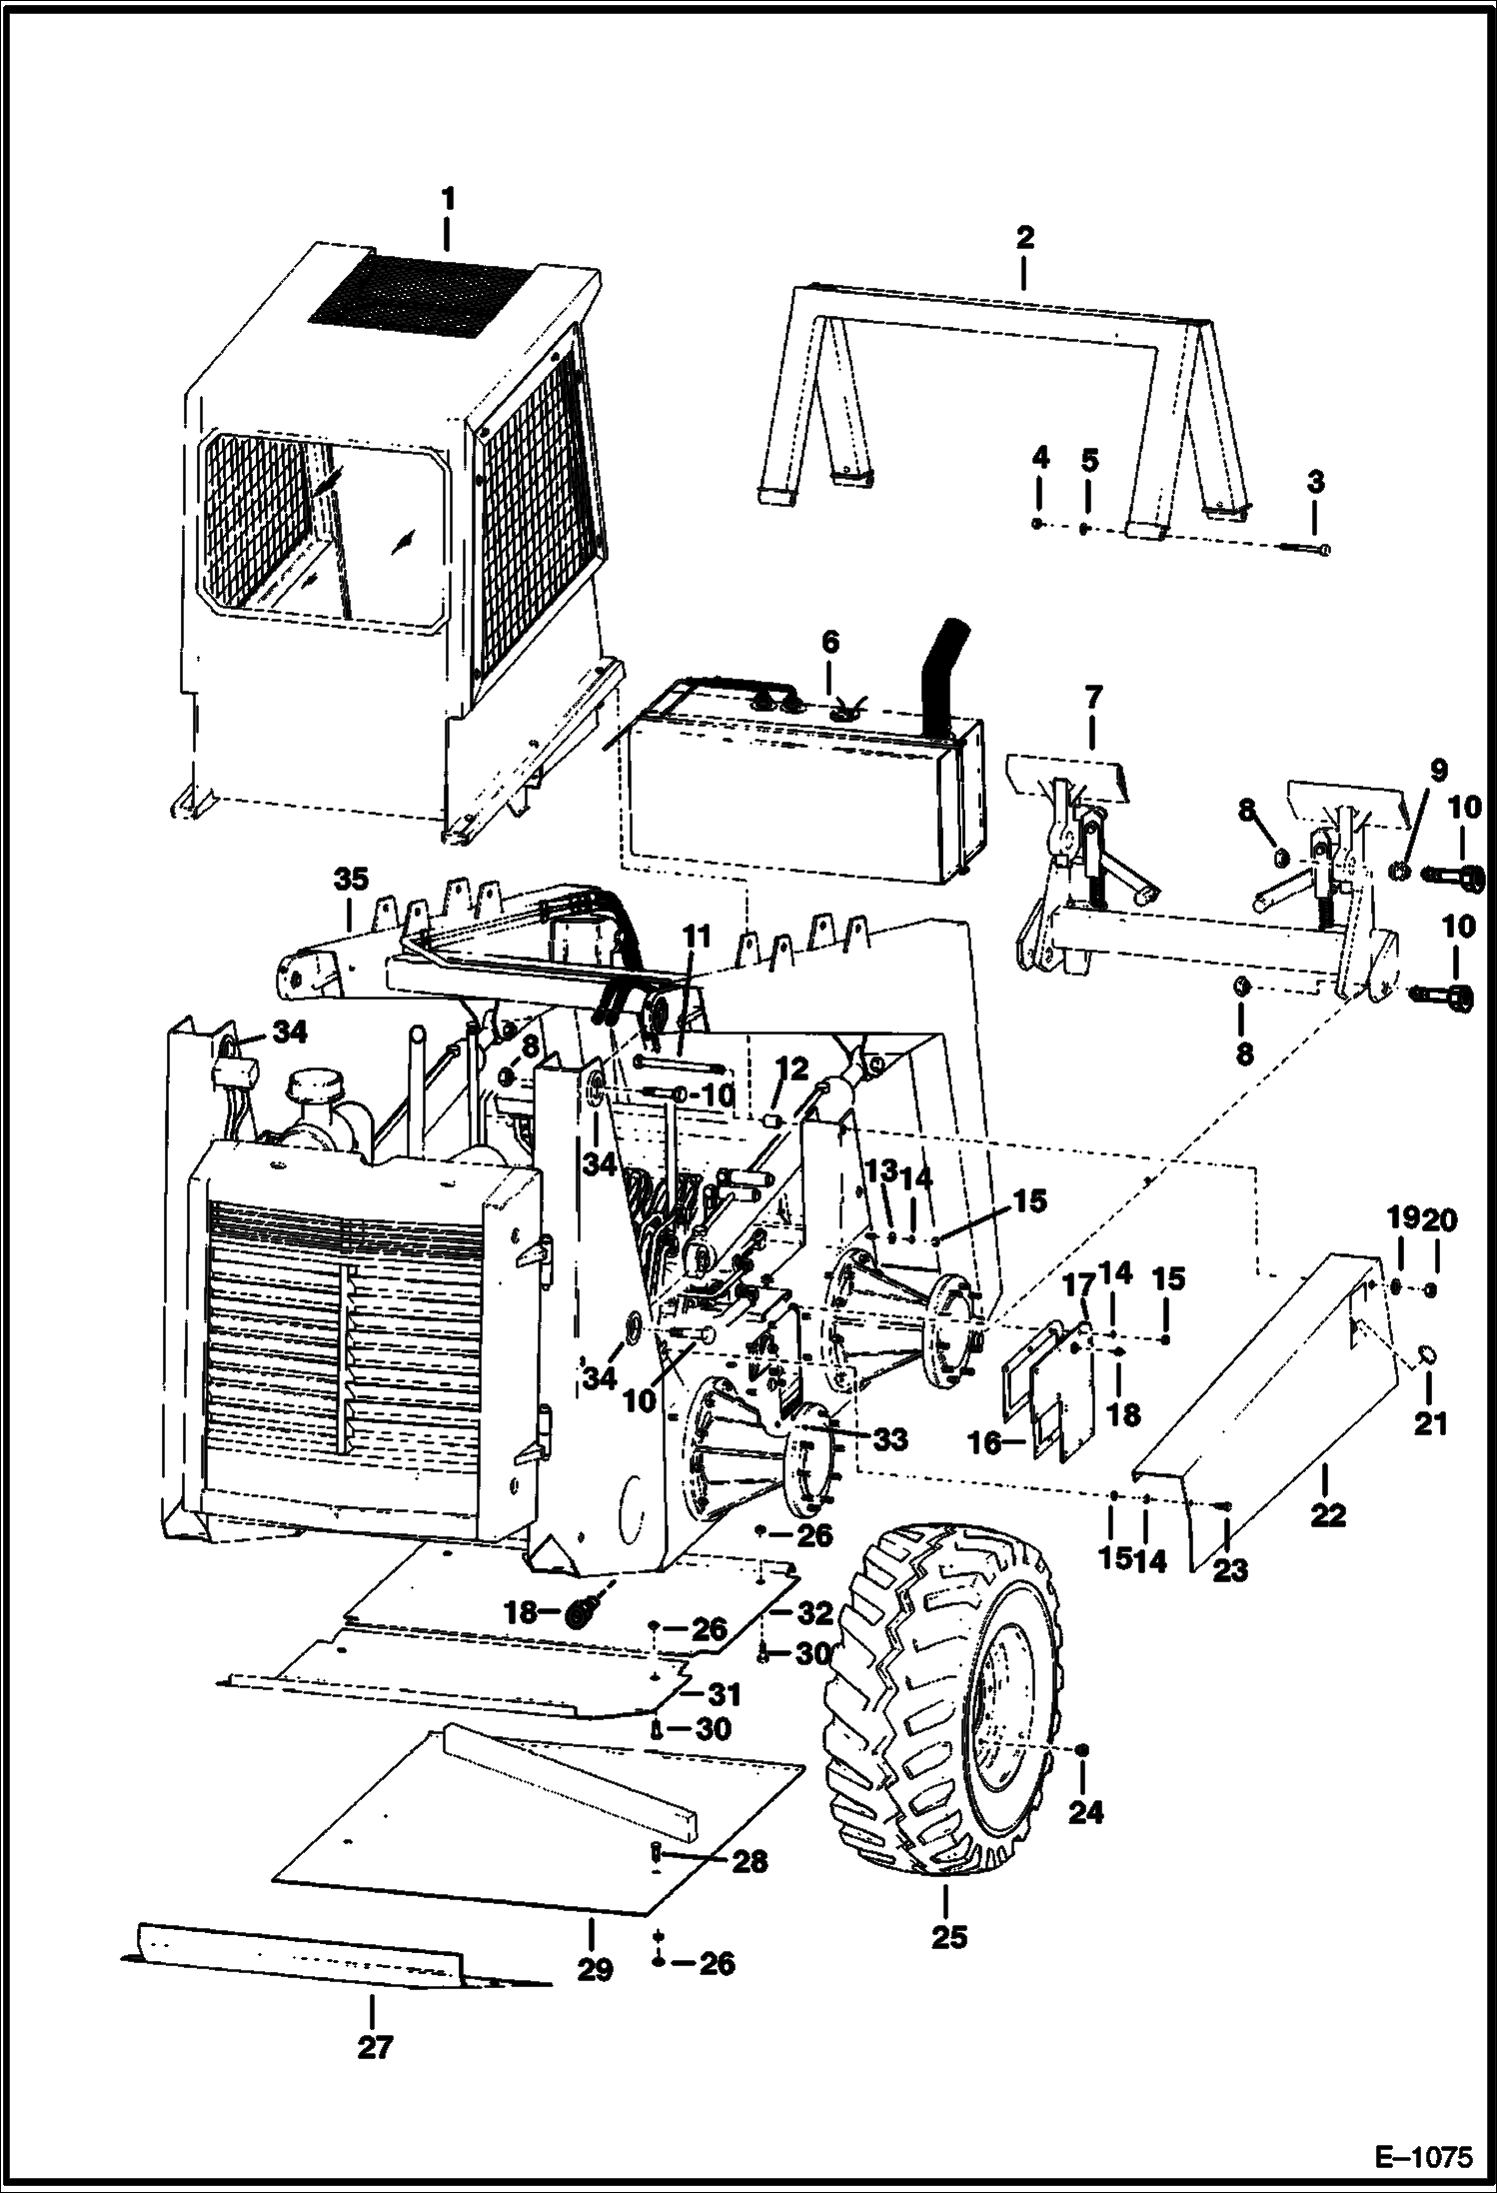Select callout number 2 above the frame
coord(1024,238)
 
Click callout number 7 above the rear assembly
coord(1091,698)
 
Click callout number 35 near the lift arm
coord(351,880)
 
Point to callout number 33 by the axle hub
coord(888,1438)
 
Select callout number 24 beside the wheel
coord(1085,1812)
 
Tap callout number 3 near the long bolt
coord(1315,482)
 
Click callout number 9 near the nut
coord(1437,771)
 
